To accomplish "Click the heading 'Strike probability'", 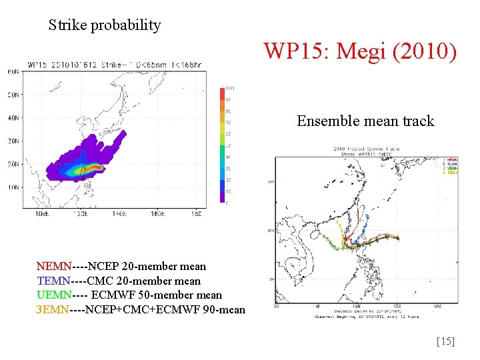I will (105, 25).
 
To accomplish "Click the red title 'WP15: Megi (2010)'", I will (360, 51).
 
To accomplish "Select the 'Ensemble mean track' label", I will (365, 121).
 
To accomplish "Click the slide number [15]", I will (445, 341).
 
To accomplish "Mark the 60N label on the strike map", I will (13, 71).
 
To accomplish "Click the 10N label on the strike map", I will (13, 187).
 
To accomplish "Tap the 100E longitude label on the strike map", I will (41, 215).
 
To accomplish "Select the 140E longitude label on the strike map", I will (119, 215).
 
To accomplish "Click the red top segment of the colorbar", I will (223, 93).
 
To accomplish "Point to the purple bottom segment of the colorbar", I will (223, 196).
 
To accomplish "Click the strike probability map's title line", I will (113, 65).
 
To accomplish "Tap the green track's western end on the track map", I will (322, 235).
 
